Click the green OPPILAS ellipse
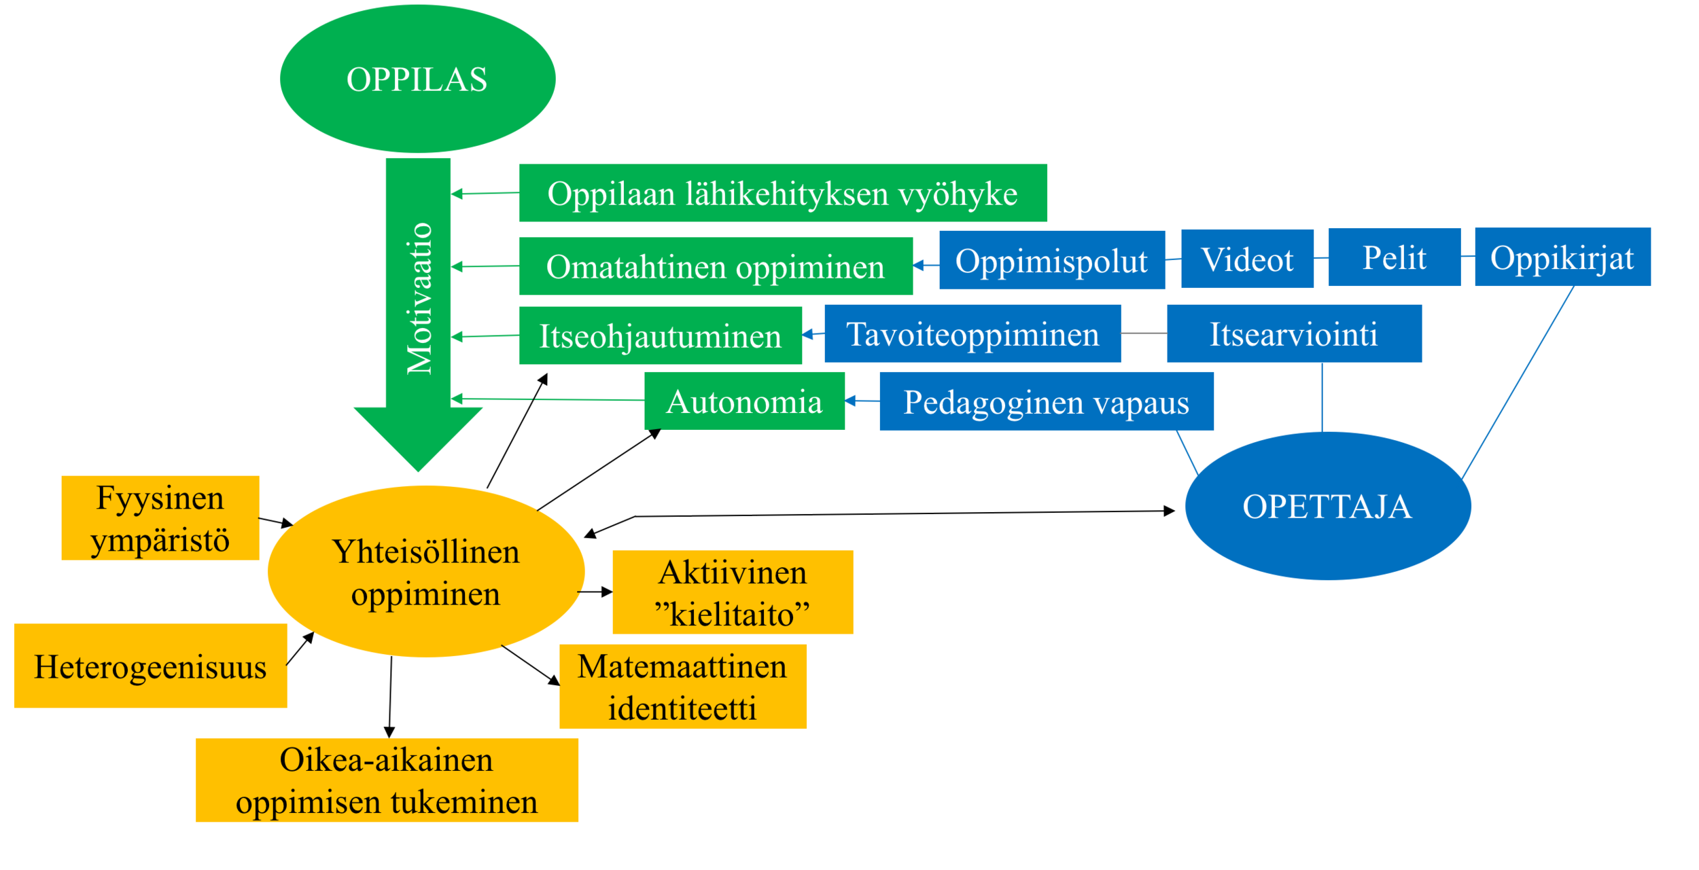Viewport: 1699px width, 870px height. pyautogui.click(x=417, y=79)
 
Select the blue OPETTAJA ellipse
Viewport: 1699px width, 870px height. pyautogui.click(x=1327, y=506)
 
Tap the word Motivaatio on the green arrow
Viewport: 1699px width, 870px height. pyautogui.click(x=419, y=298)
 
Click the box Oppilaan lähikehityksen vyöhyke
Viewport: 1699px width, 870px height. pyautogui.click(x=782, y=193)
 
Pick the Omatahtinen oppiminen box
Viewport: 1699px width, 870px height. pyautogui.click(x=715, y=266)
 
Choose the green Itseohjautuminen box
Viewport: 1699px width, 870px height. pyautogui.click(x=660, y=336)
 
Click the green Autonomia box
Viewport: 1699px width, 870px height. pyautogui.click(x=744, y=401)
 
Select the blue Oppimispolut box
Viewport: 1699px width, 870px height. pyautogui.click(x=1051, y=260)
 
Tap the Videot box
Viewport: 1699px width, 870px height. pyautogui.click(x=1246, y=259)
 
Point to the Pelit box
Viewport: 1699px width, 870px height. pyautogui.click(x=1394, y=257)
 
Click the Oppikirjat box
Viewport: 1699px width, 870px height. pyautogui.click(x=1562, y=257)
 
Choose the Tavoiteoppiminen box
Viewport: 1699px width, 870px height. pyautogui.click(x=972, y=333)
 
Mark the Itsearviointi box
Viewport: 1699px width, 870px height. pyautogui.click(x=1293, y=333)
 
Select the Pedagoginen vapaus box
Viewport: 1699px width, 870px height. pyautogui.click(x=1046, y=401)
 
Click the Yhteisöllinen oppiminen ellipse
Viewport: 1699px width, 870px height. pyautogui.click(x=425, y=571)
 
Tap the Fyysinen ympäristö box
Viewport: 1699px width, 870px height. pyautogui.click(x=160, y=518)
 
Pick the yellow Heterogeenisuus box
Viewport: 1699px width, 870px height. pyautogui.click(x=150, y=666)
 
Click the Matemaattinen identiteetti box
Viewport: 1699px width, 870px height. pyautogui.click(x=682, y=687)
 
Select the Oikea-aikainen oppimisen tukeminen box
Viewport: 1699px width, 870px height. pyautogui.click(x=386, y=780)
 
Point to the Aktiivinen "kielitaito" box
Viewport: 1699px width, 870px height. pyautogui.click(x=732, y=592)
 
